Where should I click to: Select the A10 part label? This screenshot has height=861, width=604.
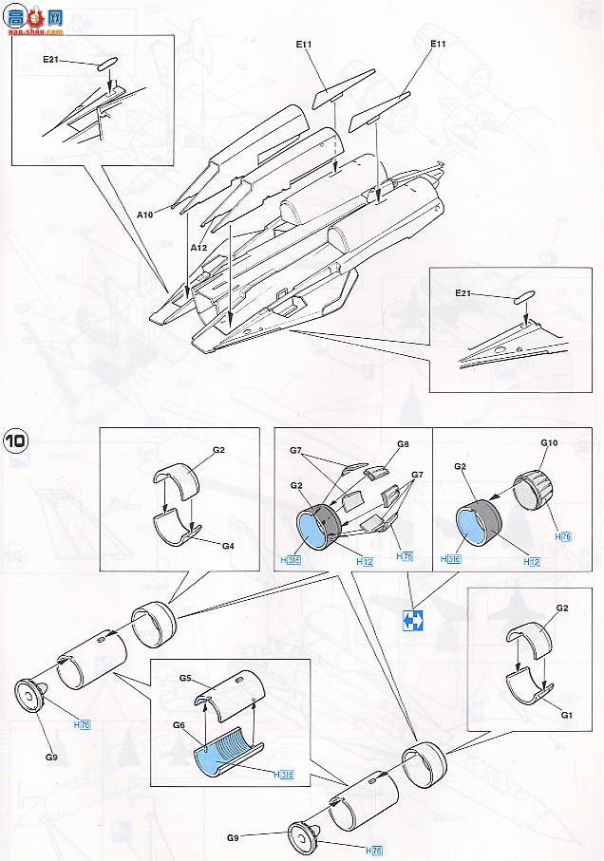pos(144,215)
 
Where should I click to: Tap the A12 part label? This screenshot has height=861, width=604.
pos(198,247)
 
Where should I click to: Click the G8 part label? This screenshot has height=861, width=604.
pos(403,443)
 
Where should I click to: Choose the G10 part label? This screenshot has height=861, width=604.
pos(548,442)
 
